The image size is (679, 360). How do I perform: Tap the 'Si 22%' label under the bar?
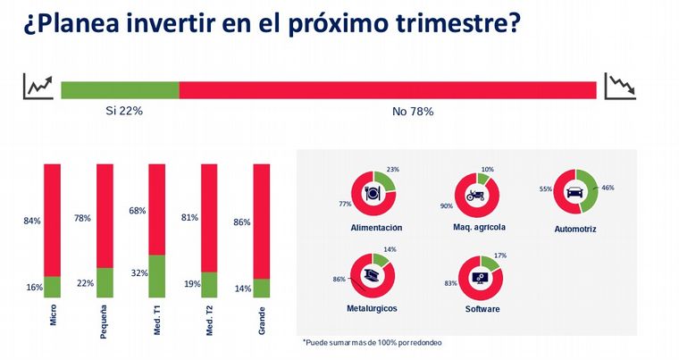click(124, 112)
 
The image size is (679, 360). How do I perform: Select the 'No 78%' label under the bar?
click(413, 112)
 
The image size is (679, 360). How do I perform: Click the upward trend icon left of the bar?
click(38, 87)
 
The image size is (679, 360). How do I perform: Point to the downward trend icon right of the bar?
click(620, 87)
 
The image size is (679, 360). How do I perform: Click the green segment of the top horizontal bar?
click(120, 89)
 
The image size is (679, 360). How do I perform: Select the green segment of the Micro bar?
click(53, 287)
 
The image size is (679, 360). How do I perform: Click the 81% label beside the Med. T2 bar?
click(189, 216)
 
